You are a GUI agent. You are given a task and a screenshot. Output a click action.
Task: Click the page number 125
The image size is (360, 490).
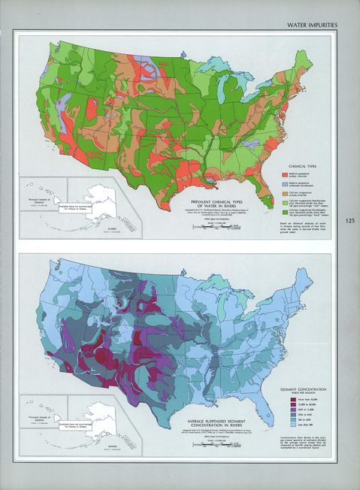point(351,221)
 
